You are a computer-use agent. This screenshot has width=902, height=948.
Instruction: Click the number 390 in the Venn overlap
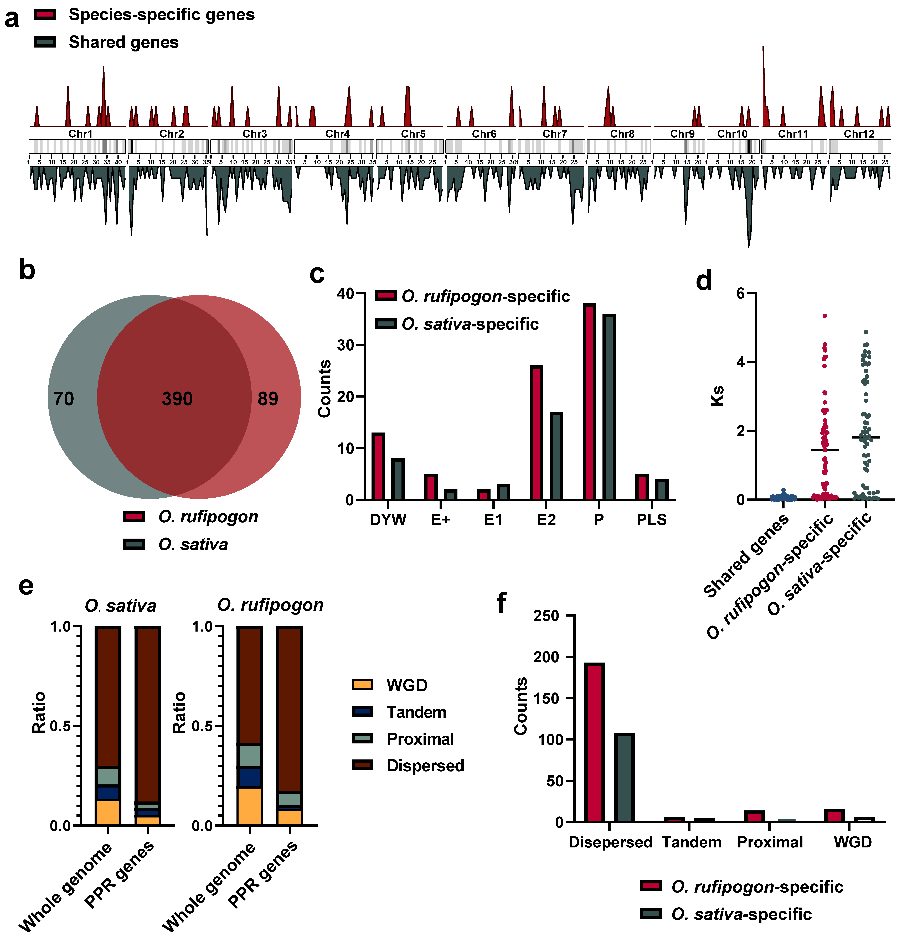[x=177, y=399]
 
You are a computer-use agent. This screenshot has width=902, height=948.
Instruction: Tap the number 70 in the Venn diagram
[x=63, y=399]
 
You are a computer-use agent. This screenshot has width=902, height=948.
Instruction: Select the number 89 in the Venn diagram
[x=268, y=399]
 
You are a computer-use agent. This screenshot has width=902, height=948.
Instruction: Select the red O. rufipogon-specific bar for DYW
[x=378, y=466]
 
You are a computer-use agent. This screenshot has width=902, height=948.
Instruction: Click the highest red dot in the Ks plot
[x=825, y=316]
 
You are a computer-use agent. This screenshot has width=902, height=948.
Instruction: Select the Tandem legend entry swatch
[x=363, y=712]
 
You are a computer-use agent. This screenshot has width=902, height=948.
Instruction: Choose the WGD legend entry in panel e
[x=407, y=685]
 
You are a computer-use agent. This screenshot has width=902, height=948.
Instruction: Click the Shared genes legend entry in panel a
[x=123, y=42]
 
